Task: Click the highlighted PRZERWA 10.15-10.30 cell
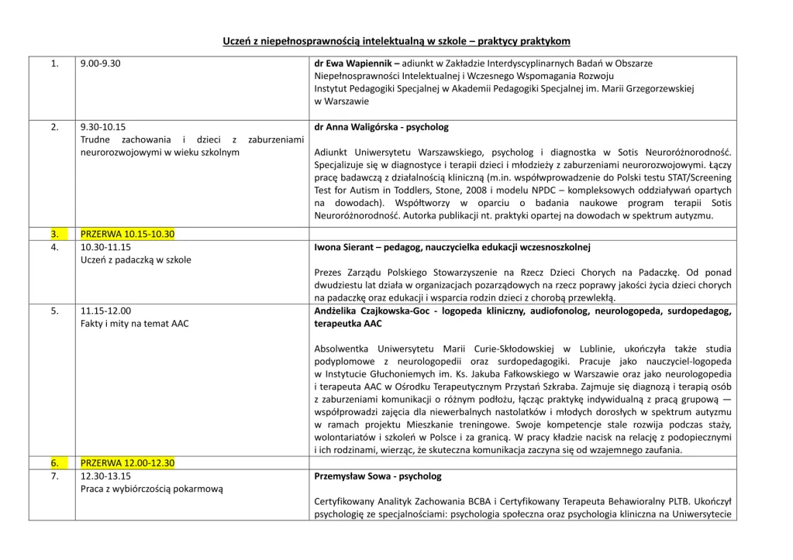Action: click(128, 234)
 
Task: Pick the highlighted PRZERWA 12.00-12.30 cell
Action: click(128, 463)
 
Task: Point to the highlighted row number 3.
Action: click(54, 234)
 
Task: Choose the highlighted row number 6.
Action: click(54, 463)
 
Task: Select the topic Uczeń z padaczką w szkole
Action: click(136, 260)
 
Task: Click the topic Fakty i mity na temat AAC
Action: click(134, 323)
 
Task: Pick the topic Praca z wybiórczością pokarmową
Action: click(152, 489)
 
